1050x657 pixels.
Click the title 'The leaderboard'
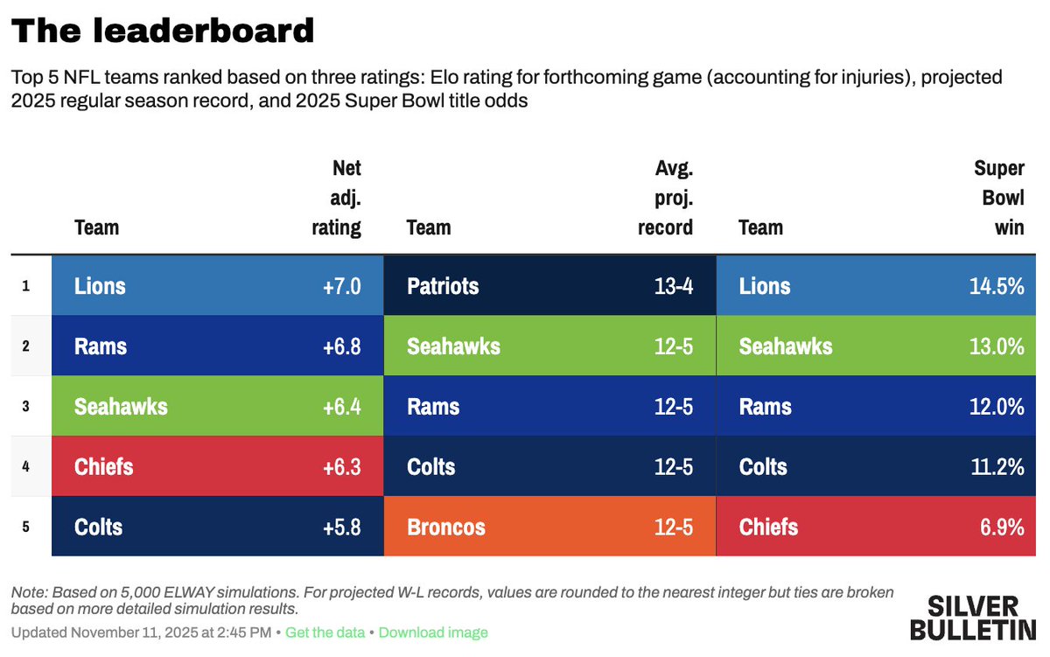point(163,31)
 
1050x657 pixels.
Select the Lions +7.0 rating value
point(341,286)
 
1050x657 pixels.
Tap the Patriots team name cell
point(443,286)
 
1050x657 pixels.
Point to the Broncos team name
point(446,528)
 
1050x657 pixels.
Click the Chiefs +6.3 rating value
point(341,467)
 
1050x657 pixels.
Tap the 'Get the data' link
point(325,633)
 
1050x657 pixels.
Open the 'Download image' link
point(433,633)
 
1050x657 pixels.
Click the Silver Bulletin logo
point(971,618)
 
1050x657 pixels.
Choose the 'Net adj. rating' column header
point(337,198)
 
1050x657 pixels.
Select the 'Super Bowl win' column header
point(999,198)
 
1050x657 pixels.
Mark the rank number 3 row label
point(26,406)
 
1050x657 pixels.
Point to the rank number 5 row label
point(26,527)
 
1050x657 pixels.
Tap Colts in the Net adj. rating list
point(98,528)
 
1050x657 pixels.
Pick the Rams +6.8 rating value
point(341,346)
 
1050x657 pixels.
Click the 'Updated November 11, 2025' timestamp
point(141,633)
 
